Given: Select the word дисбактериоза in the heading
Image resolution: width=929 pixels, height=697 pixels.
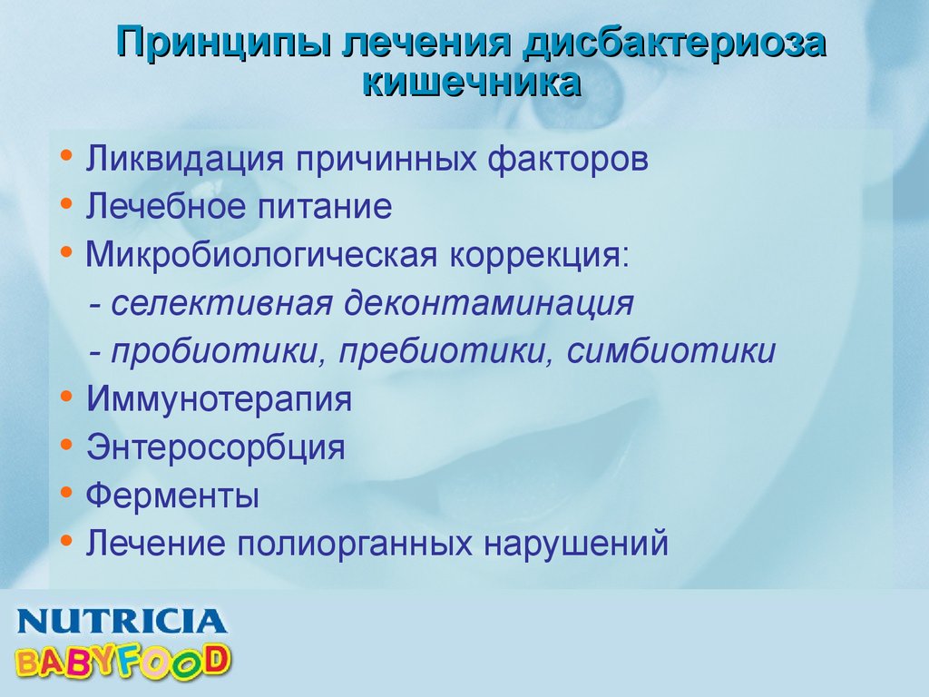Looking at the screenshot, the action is click(x=675, y=43).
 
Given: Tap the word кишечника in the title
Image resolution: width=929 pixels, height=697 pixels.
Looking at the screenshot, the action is click(x=471, y=83).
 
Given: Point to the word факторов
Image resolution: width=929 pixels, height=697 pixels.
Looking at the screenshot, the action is click(x=568, y=160).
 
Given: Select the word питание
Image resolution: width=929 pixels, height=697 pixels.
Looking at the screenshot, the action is click(x=324, y=206).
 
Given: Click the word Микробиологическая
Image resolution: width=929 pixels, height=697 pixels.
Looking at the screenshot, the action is click(x=261, y=255).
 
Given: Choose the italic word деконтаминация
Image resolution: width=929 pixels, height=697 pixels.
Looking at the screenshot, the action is click(x=489, y=303).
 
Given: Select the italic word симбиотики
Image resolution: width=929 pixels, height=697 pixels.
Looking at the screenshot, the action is click(x=670, y=350).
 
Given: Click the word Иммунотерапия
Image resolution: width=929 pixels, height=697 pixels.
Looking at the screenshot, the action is click(x=220, y=399).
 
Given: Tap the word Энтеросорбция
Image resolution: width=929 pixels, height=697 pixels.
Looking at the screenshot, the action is click(x=216, y=447).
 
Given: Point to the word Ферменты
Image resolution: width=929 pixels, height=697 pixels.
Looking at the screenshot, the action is click(x=172, y=495).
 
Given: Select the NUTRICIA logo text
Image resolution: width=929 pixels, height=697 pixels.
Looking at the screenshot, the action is click(x=122, y=622).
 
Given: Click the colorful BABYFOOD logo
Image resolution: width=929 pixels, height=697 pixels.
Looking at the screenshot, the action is click(x=122, y=661).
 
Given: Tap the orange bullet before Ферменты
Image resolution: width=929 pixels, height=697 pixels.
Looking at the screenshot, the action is click(x=66, y=492).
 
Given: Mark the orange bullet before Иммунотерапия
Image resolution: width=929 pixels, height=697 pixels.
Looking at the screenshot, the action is click(x=66, y=396).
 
